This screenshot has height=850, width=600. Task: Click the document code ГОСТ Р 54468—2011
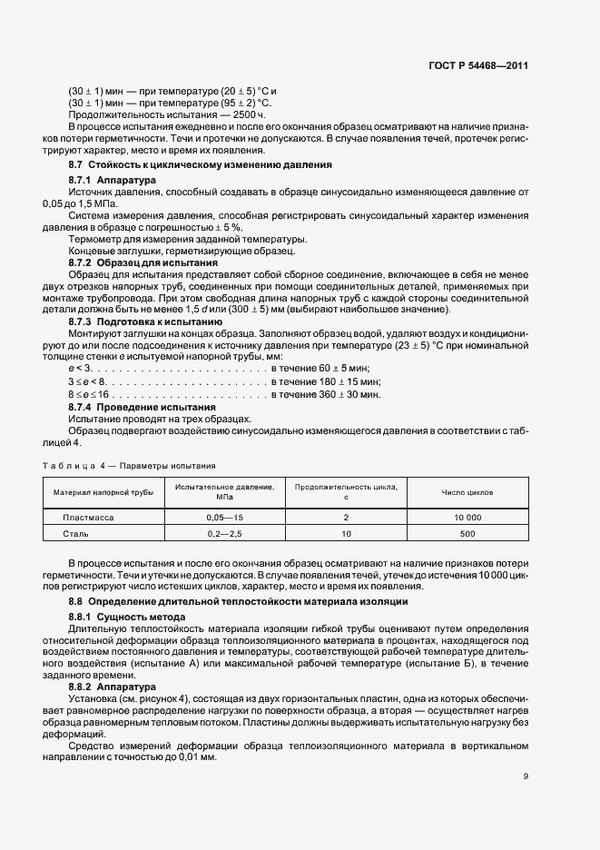[479, 66]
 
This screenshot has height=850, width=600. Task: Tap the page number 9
[526, 776]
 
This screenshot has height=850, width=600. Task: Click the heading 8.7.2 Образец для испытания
[136, 261]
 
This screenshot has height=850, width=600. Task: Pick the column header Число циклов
[467, 492]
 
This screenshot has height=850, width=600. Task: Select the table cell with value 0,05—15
[220, 516]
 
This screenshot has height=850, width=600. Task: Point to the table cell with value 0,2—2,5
[220, 535]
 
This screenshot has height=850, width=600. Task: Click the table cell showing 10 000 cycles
[467, 516]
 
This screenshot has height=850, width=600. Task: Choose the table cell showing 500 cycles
[467, 535]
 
